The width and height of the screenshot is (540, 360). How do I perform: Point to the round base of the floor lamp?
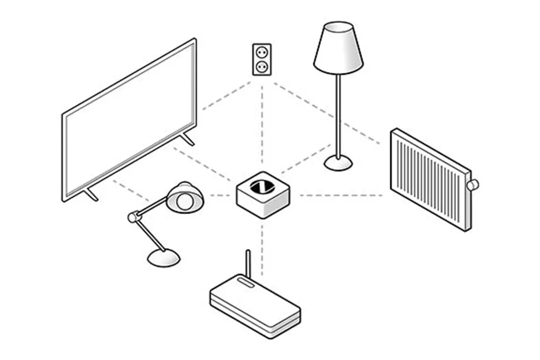339,162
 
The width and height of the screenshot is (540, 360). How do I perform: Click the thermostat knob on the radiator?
472,184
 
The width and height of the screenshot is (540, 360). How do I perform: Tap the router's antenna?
248,264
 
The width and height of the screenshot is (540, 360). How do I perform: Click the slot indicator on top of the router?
245,284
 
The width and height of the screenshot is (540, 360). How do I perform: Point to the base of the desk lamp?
164,258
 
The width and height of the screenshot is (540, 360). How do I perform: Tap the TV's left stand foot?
91,194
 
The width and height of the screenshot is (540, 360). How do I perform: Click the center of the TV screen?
129,120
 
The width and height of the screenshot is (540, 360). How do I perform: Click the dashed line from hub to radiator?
341,195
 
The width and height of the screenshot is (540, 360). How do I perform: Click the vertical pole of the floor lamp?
338,114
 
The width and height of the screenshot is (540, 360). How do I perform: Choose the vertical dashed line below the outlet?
262,124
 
